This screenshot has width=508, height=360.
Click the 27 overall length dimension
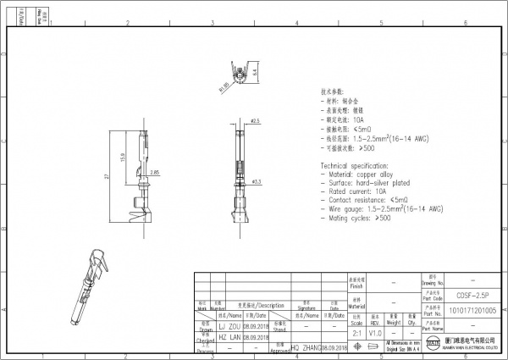[x=107, y=176]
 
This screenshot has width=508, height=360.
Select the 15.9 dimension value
[x=123, y=158]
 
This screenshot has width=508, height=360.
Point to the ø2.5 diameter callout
[x=255, y=121]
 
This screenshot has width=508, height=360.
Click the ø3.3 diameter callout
[x=257, y=180]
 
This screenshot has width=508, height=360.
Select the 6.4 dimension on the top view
[x=255, y=73]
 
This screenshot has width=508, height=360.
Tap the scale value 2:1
[x=356, y=332]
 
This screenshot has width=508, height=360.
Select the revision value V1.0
[x=375, y=332]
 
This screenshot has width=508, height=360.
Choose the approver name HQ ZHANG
[x=306, y=348]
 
